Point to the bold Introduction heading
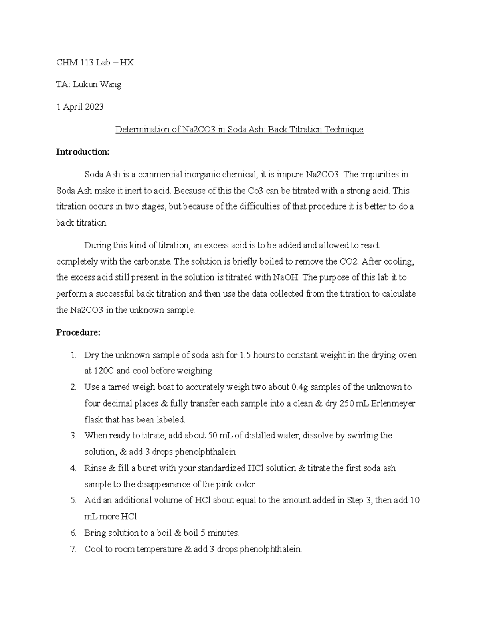[82, 152]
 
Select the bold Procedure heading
[78, 332]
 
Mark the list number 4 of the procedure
[73, 468]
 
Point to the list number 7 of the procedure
[73, 549]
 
